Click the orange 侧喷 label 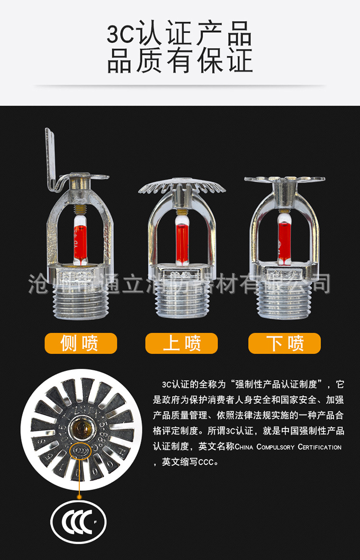81,343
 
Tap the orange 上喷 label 181,343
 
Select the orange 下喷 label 284,343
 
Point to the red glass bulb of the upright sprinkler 182,240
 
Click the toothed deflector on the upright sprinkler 182,187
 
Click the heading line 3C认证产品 180,35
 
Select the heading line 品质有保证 180,61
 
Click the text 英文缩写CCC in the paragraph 190,463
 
